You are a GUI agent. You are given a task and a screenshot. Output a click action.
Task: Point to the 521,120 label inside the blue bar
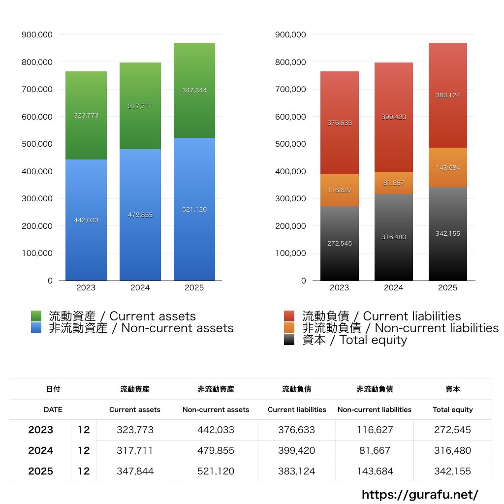tap(194, 210)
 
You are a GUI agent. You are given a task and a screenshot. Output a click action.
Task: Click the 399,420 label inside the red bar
tap(393, 117)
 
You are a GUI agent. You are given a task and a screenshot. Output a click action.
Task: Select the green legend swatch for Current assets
tap(36, 316)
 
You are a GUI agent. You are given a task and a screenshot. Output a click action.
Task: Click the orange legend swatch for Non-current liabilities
tap(289, 328)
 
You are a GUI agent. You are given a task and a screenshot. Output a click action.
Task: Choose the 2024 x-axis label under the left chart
tap(140, 288)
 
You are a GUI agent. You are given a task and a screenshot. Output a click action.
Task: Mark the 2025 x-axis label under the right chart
tap(447, 288)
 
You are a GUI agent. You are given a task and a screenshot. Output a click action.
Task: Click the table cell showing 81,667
tap(375, 450)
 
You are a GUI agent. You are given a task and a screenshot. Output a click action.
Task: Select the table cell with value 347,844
tap(135, 471)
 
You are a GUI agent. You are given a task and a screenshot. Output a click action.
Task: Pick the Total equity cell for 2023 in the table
tap(452, 430)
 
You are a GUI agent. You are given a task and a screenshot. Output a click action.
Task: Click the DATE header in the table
tap(53, 409)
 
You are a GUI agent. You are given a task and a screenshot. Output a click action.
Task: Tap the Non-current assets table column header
tap(216, 409)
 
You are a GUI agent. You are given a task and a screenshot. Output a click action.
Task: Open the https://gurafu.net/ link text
tap(420, 494)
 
